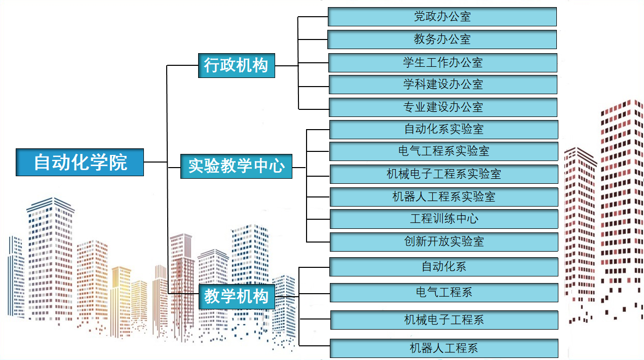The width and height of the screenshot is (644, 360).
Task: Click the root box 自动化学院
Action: (80, 162)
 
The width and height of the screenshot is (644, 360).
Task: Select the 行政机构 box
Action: (236, 65)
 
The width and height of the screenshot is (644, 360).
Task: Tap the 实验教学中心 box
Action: (236, 166)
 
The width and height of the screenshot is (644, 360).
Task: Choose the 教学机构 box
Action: (236, 296)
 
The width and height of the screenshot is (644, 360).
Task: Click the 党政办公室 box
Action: (442, 17)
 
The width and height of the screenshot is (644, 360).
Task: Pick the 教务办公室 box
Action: (442, 39)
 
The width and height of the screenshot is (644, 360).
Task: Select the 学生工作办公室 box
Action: (443, 62)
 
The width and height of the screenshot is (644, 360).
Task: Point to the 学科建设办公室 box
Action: (443, 85)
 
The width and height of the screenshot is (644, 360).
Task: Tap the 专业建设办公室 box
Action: (443, 107)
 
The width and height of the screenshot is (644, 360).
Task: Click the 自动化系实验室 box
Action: (443, 129)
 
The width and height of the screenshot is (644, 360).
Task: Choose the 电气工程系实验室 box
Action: (443, 151)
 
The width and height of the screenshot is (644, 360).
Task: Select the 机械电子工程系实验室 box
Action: (443, 174)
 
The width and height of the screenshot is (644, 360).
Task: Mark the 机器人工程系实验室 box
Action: (443, 196)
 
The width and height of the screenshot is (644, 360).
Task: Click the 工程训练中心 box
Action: (443, 219)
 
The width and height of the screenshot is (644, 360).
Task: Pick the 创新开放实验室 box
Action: (443, 242)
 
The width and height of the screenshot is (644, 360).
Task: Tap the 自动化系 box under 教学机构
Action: (443, 266)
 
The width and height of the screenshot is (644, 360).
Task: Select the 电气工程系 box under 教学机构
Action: (443, 293)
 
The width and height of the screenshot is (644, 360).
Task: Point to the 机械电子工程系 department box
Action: (443, 320)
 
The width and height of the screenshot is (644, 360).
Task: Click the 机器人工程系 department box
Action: (443, 348)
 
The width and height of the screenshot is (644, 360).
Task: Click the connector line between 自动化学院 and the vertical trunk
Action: (155, 162)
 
